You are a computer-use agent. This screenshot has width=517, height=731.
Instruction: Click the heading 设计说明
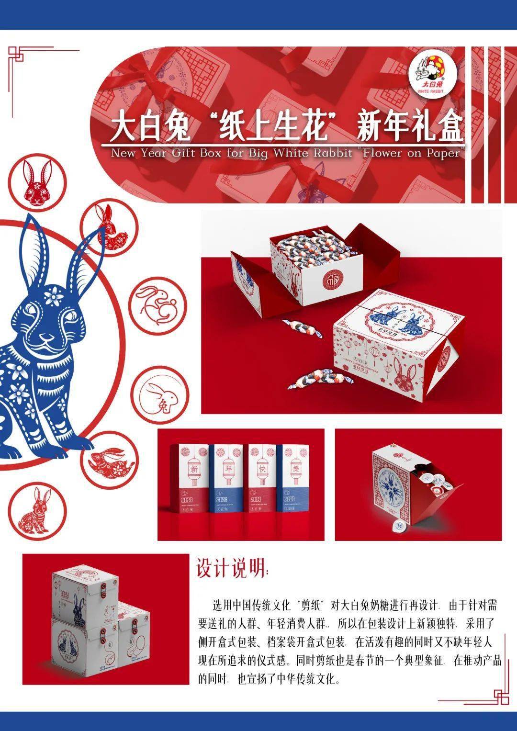pyautogui.click(x=232, y=569)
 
